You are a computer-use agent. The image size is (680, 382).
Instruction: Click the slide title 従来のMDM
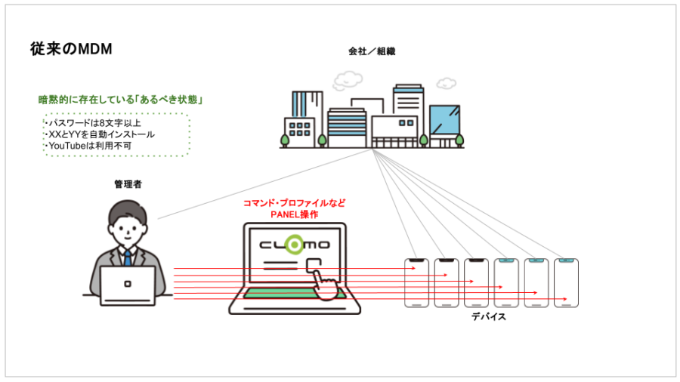coord(71,49)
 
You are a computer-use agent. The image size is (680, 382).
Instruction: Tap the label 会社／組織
coord(372,52)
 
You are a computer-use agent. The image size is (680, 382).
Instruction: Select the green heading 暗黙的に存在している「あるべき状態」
coord(123,100)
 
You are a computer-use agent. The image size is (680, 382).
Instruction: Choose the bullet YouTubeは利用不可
coord(88,145)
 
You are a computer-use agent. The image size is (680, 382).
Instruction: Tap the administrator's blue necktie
coord(128,257)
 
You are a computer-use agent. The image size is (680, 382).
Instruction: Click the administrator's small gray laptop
coord(128,285)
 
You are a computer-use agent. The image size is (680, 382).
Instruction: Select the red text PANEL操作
coord(294,214)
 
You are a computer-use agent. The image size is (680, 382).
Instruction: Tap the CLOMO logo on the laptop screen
coord(294,245)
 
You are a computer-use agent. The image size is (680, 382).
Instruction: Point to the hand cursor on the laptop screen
coord(323,281)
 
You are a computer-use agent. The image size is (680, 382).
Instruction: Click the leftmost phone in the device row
coord(416,283)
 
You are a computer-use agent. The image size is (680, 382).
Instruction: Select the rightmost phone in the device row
coord(566,283)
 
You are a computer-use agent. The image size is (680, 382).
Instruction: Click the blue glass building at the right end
coord(444,121)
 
